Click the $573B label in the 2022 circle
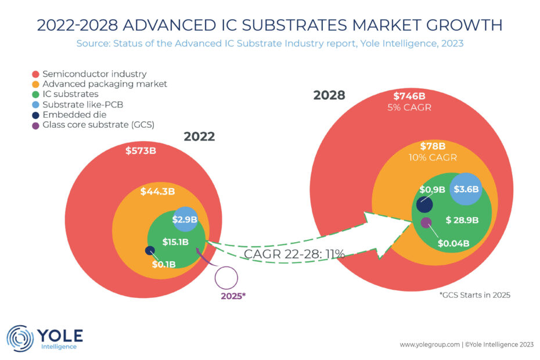142,151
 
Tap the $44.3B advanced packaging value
157,191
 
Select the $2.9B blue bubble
185,219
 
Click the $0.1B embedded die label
164,265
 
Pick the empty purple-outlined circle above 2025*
226,278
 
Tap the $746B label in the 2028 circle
410,96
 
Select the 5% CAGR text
410,107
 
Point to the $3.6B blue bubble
466,189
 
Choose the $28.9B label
462,220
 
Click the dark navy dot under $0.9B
424,204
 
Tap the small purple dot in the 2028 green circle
426,221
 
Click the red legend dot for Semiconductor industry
36,74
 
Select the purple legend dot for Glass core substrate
36,125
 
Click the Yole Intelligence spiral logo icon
20,339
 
